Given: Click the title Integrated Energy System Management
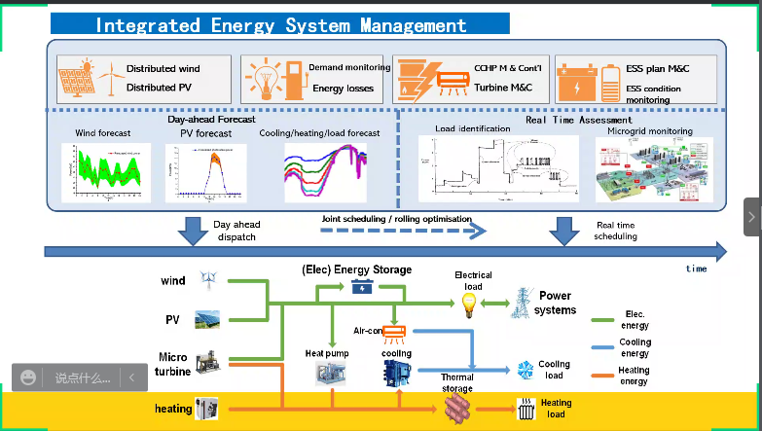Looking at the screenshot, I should pyautogui.click(x=280, y=25).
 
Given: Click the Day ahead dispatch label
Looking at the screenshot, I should pyautogui.click(x=236, y=231).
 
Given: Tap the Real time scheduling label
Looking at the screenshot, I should pyautogui.click(x=616, y=231).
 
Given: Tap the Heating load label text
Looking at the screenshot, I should pyautogui.click(x=556, y=409).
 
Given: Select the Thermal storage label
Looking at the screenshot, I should pyautogui.click(x=457, y=383).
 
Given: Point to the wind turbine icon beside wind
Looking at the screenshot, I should pyautogui.click(x=207, y=280).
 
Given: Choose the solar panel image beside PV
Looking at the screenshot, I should pyautogui.click(x=206, y=318).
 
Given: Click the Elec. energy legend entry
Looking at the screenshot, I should pyautogui.click(x=635, y=320).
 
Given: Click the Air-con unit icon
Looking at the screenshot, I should pyautogui.click(x=394, y=331).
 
